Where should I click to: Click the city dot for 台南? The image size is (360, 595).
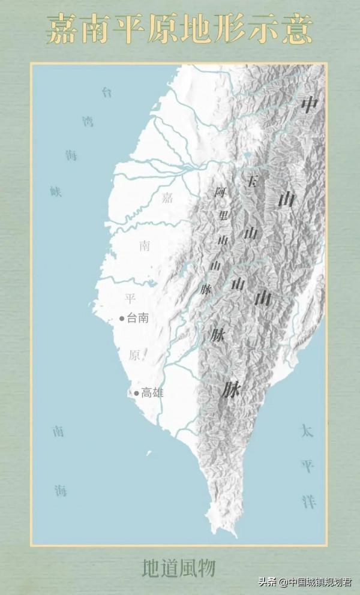122,318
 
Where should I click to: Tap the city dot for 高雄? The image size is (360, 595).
136,393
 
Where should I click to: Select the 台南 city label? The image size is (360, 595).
138,318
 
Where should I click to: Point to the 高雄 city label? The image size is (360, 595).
152,393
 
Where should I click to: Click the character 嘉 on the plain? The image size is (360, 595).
166,197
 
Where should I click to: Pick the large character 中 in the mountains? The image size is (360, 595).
309,106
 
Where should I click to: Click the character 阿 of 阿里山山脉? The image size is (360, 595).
220,193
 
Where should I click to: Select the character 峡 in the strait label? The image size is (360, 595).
56,192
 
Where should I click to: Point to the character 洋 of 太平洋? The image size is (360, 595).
308,501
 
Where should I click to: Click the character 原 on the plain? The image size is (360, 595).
134,355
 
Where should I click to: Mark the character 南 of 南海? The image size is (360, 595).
58,431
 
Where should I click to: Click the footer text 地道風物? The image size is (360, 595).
179,567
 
